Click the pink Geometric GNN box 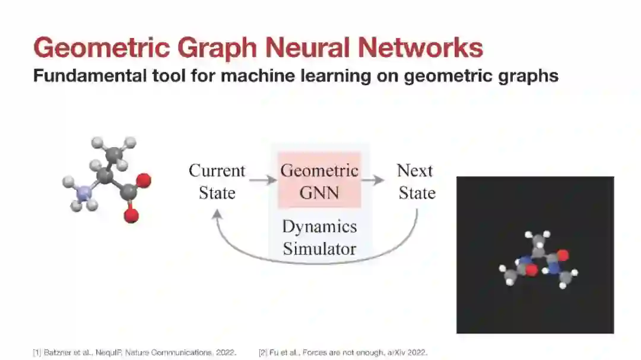point(319,181)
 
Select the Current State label point(217,181)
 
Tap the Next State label point(415,181)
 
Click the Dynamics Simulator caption point(319,237)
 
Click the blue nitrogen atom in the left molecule point(84,192)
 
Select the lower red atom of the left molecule point(131,216)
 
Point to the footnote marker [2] point(262,353)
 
